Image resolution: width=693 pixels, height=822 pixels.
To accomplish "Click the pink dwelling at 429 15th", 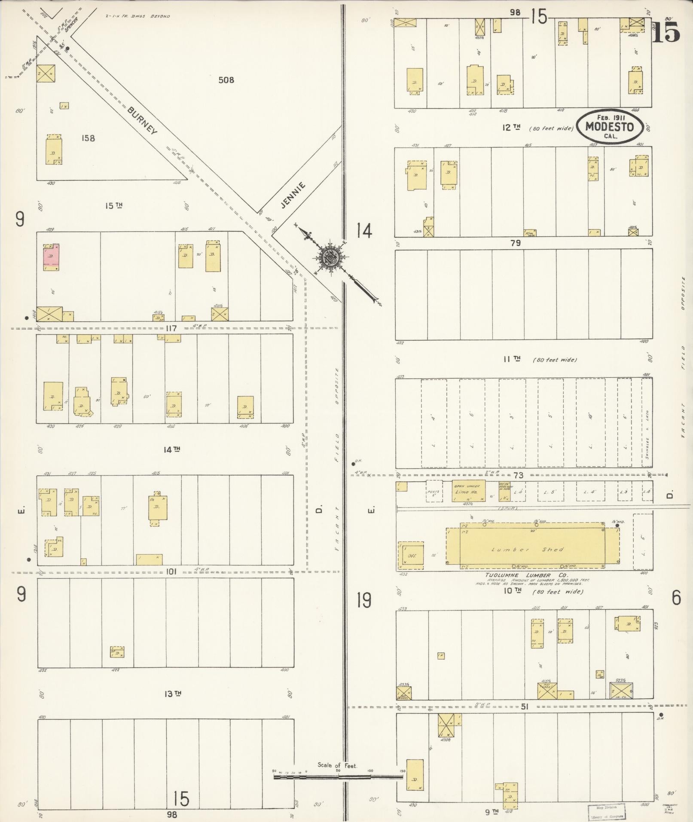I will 51,257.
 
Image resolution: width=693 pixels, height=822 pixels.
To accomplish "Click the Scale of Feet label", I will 337,765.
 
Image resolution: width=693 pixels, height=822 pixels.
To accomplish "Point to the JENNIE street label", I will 293,195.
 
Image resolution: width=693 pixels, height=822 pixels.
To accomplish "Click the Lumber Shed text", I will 527,550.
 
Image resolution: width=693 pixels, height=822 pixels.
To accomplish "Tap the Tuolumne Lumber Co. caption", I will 526,575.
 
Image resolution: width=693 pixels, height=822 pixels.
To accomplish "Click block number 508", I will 226,80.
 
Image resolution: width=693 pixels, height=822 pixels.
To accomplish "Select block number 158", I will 88,138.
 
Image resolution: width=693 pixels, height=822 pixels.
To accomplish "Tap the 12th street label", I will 512,127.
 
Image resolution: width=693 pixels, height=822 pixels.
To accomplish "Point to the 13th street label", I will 172,694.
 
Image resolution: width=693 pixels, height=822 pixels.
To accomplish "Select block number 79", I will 516,243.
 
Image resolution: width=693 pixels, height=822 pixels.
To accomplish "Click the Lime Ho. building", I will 468,491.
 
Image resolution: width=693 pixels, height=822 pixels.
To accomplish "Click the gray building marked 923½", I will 621,690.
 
